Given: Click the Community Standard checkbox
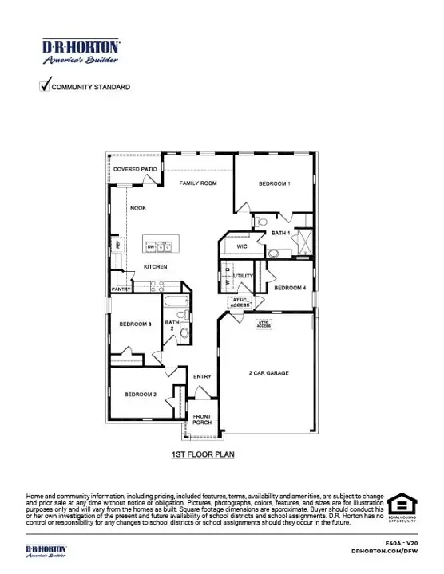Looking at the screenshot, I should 45,85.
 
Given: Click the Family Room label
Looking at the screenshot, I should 198,183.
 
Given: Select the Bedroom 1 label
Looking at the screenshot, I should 274,184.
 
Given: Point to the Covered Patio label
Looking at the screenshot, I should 134,170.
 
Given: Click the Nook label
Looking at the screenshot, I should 138,208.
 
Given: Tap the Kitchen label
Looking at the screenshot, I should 155,267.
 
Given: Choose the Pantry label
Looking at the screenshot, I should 121,289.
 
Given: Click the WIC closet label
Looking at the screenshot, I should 243,247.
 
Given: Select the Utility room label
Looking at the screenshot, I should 243,277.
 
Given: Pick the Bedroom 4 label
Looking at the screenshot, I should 290,287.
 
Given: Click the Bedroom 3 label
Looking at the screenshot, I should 136,324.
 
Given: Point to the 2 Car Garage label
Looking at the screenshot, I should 268,373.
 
